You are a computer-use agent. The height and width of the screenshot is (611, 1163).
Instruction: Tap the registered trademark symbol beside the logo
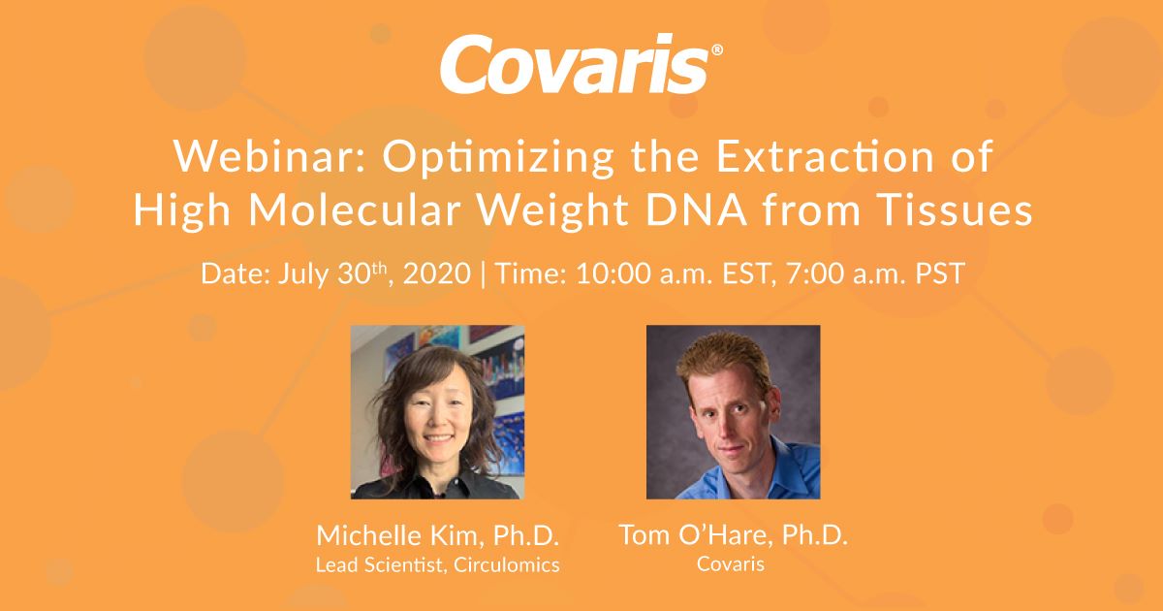tap(717, 49)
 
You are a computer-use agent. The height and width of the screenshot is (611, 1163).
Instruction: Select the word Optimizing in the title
tap(498, 159)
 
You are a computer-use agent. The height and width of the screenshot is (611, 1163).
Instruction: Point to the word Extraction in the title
tap(826, 156)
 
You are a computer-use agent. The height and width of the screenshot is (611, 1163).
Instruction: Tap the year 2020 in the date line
tap(437, 273)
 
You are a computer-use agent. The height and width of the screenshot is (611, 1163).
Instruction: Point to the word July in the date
tap(302, 274)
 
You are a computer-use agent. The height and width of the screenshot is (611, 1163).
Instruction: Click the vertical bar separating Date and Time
tap(484, 274)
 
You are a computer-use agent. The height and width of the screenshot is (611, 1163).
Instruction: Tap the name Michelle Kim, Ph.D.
tap(438, 535)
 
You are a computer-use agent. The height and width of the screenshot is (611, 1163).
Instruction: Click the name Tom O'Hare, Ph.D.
tap(733, 534)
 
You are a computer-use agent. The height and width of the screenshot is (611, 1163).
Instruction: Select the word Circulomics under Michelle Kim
tap(506, 564)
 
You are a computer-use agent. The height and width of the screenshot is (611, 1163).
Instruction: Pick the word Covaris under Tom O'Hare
tap(731, 564)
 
